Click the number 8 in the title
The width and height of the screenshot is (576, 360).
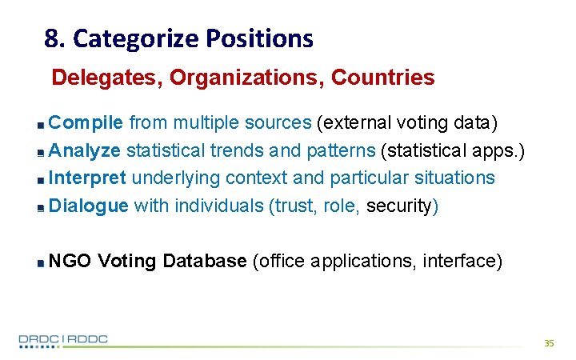point(51,38)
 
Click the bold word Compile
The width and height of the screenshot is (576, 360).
point(86,122)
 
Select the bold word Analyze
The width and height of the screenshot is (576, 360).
point(85,150)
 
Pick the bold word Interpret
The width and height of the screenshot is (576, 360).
point(88,177)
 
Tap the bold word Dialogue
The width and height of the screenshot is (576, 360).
point(88,205)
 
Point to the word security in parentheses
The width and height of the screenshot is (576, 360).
point(398,206)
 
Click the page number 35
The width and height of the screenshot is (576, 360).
point(548,342)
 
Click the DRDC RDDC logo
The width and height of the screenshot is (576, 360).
point(63,339)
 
